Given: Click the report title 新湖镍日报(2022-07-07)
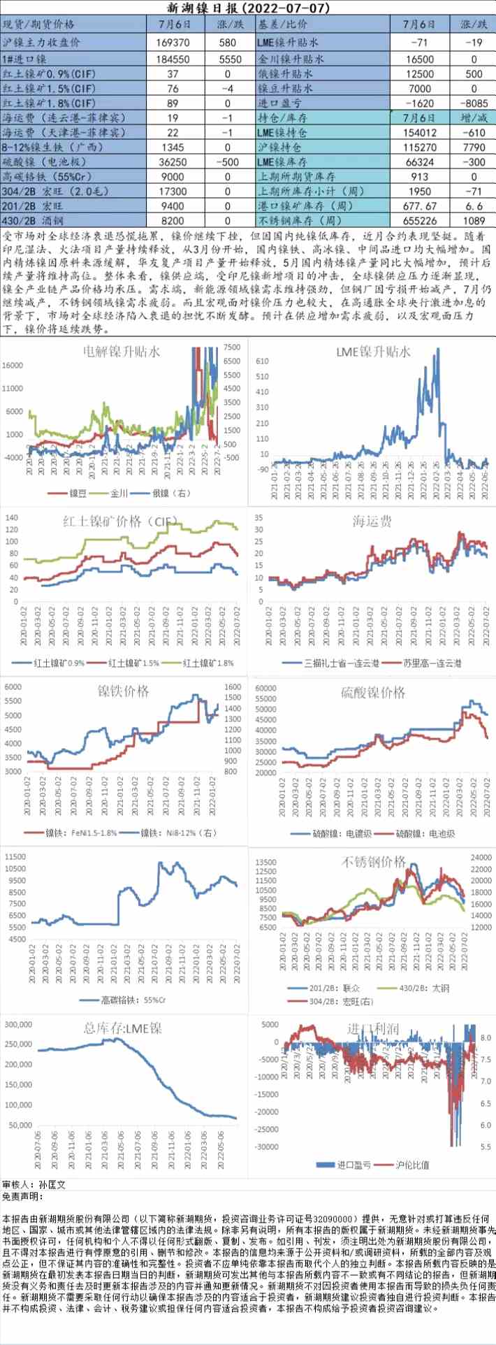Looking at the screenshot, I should (248, 8).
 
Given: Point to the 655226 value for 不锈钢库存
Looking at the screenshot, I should (419, 221).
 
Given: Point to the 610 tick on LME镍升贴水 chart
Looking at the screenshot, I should (262, 361).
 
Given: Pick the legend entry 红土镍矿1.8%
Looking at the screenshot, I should (207, 663).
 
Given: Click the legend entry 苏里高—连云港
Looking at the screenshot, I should (431, 663).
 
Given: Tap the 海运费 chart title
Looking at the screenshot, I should (372, 521).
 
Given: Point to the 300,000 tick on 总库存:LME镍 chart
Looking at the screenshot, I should (19, 1024).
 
